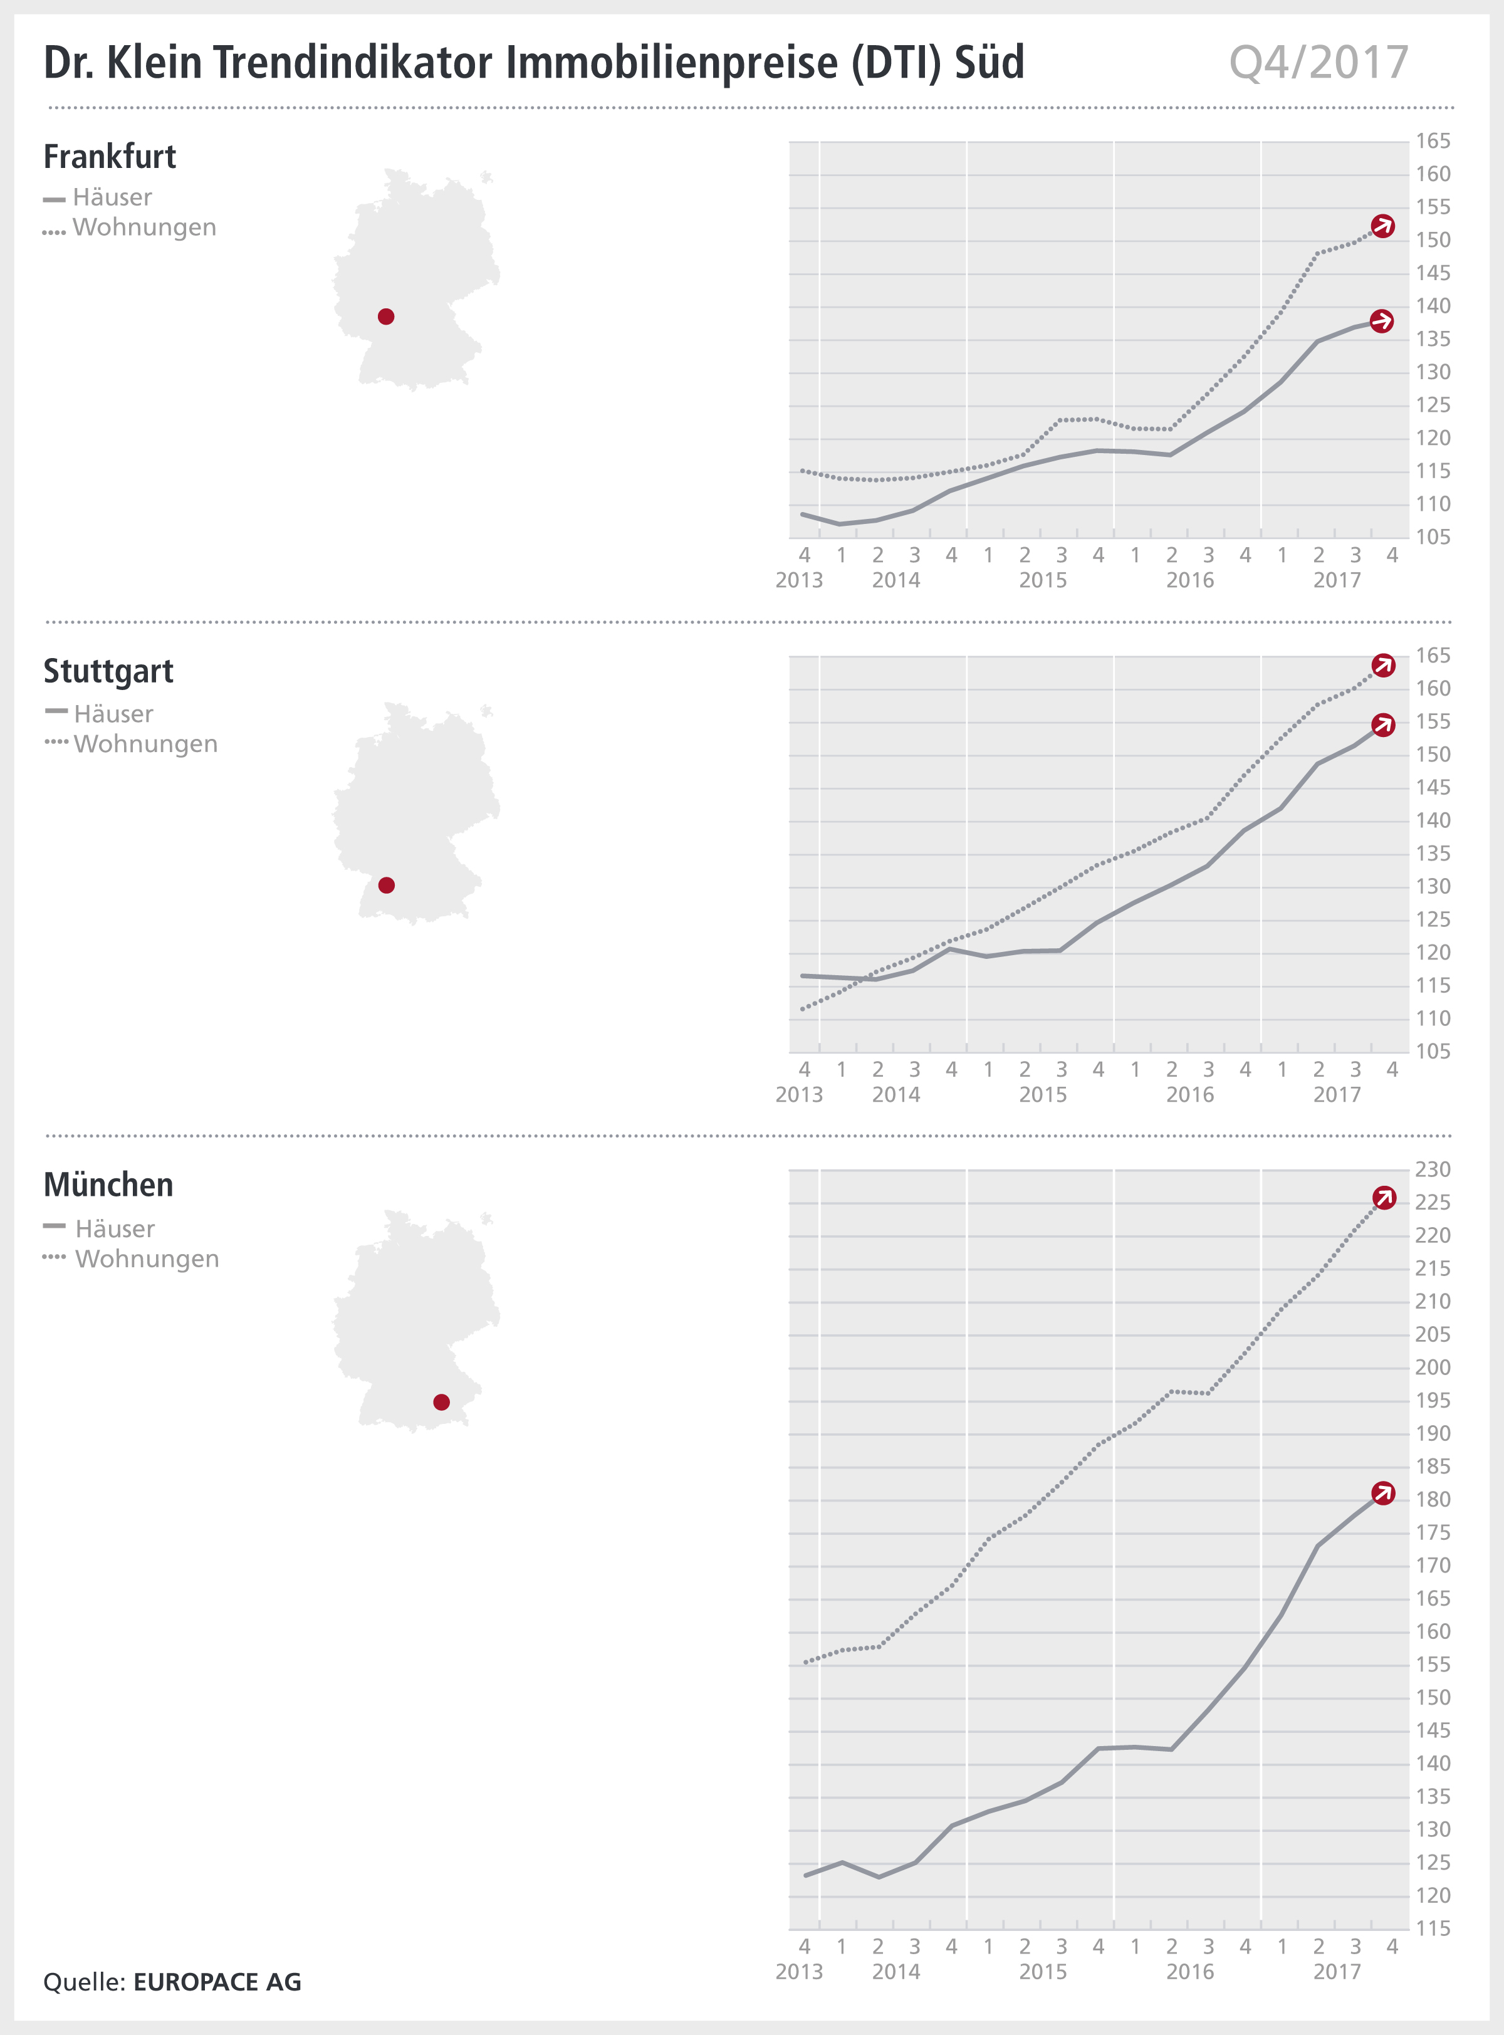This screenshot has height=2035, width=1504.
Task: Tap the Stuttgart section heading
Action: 108,671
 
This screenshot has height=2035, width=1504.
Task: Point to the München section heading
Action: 108,1185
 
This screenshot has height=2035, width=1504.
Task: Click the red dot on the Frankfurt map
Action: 386,317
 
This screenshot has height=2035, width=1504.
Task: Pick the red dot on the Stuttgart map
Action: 386,885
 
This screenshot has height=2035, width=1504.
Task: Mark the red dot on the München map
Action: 442,1402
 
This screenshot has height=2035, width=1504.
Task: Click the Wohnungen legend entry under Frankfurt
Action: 144,228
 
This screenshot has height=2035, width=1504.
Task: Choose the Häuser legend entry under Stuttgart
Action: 113,714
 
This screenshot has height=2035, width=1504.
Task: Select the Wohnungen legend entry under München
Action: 147,1259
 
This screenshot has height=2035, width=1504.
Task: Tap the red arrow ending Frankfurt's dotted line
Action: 1383,226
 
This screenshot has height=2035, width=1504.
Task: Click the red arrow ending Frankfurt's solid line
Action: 1382,322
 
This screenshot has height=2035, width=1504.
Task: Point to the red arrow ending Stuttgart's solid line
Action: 1383,725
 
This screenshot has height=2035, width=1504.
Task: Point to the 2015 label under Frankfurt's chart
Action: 1042,580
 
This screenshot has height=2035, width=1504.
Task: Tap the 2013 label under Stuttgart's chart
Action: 798,1094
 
